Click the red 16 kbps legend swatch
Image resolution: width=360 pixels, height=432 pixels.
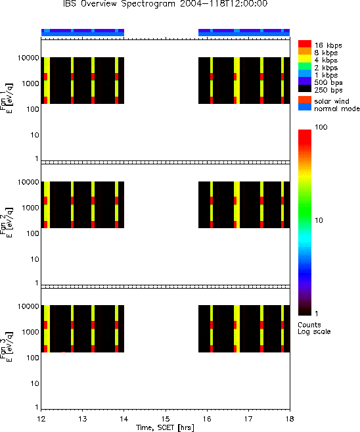pos(305,44)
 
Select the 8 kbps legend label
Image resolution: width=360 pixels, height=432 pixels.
pos(326,53)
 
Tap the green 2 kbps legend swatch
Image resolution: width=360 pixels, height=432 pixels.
pos(305,66)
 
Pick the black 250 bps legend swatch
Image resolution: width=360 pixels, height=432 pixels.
pos(305,89)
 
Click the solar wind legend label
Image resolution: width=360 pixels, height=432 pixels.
pos(332,101)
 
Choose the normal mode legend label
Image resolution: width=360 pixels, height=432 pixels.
pos(337,108)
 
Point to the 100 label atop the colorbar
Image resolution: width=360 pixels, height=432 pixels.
pos(321,127)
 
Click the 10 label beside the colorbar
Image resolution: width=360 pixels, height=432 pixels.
pos(319,220)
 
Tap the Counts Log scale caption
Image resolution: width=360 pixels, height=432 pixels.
pos(314,328)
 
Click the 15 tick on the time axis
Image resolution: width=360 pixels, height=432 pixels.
pos(166,419)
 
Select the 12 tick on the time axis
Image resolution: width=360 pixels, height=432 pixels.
pos(41,419)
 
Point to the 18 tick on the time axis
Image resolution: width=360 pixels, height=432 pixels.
pos(290,419)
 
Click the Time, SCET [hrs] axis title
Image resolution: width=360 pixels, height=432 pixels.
pos(165,427)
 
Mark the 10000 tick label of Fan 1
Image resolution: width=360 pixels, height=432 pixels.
pos(28,58)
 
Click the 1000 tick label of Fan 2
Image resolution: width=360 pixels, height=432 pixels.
pos(31,208)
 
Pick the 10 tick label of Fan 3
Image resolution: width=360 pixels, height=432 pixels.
pos(35,383)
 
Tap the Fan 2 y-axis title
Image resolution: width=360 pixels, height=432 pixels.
pos(7,222)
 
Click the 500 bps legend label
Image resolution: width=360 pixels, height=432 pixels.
pos(328,82)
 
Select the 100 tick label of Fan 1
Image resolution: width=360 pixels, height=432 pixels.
pos(33,109)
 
